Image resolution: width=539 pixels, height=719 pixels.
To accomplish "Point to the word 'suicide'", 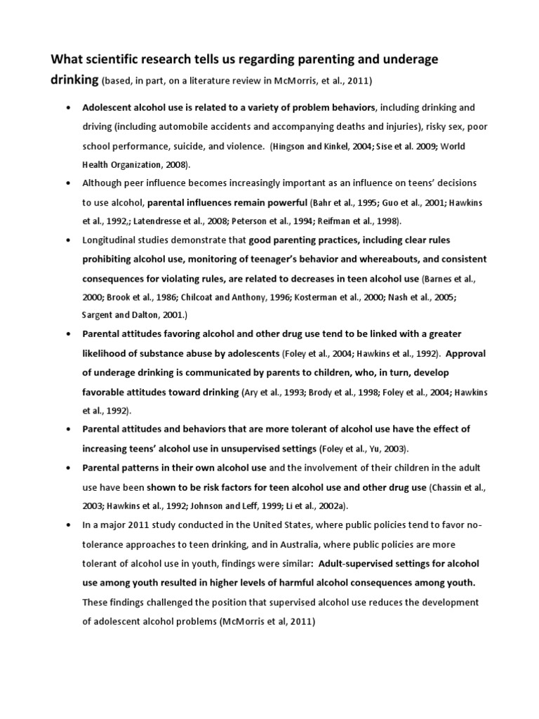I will click(188, 147).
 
